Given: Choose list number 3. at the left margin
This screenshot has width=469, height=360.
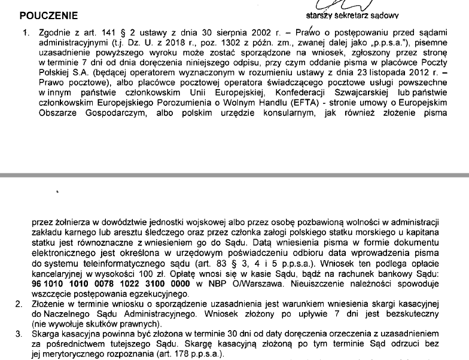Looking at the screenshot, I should click(20, 333).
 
